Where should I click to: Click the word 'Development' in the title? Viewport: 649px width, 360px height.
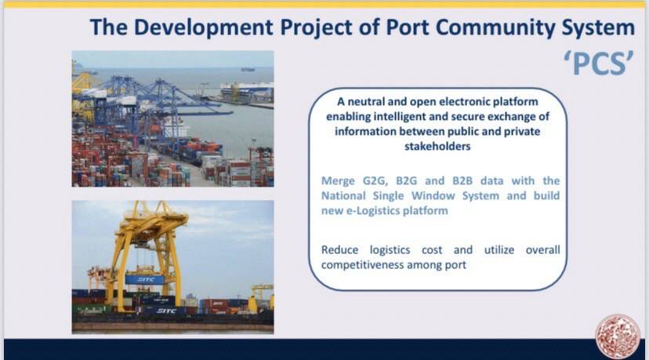203,28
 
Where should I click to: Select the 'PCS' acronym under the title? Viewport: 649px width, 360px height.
599,64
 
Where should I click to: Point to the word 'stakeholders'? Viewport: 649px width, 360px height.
437,146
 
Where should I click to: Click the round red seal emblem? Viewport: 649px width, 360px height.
618,336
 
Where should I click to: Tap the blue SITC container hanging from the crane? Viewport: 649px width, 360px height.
144,280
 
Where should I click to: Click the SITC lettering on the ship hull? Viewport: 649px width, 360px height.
166,311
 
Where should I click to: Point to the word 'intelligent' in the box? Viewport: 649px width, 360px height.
400,117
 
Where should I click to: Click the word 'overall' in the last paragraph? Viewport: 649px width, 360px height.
542,250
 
